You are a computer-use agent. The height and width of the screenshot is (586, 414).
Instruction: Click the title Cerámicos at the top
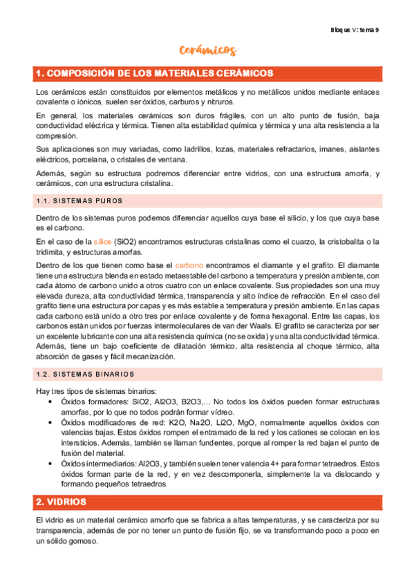tap(207, 50)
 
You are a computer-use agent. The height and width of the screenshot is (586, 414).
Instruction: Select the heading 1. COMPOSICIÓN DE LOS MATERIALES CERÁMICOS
tap(154, 73)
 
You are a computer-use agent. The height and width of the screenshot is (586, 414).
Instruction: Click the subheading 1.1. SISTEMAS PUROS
tap(78, 201)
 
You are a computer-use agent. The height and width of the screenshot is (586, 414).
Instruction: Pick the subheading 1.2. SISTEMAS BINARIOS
tap(84, 374)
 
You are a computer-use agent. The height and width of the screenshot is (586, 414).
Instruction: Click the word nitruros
tap(221, 102)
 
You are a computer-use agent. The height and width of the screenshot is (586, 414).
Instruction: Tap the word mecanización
tap(154, 357)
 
